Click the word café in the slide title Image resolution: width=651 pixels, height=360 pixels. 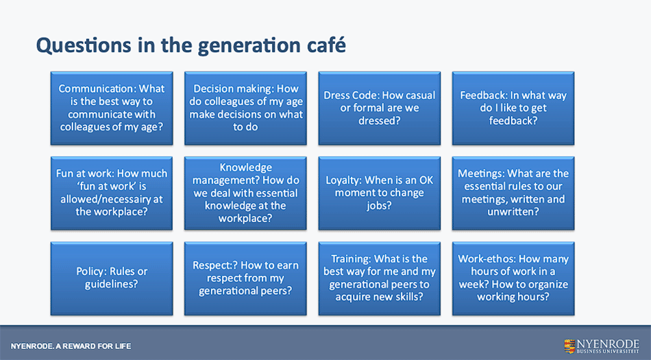326,45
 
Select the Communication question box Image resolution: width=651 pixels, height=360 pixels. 112,108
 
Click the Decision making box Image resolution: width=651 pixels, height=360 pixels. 245,108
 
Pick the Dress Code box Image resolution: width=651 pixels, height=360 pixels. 380,108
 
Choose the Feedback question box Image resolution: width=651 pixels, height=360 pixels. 513,108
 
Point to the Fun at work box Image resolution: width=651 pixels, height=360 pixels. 112,193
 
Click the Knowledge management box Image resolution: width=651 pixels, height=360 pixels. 245,193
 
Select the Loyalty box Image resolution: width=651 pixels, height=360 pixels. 380,193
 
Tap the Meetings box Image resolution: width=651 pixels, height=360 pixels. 513,193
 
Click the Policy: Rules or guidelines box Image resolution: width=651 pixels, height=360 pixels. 112,278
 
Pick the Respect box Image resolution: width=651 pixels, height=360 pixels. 245,278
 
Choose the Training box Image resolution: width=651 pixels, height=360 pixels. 380,278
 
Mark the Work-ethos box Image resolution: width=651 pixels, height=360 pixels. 513,278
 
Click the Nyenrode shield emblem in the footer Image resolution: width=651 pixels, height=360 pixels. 569,346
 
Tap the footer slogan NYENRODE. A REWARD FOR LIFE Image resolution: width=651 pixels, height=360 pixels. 71,346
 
